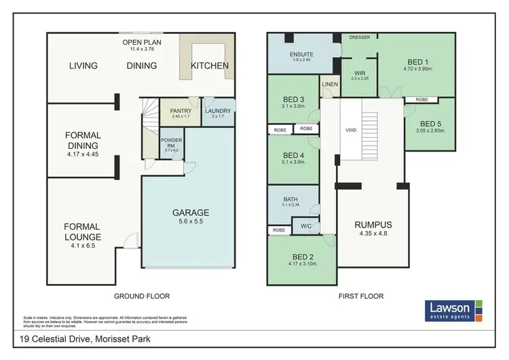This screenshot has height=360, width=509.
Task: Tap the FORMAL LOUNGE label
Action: point(82,232)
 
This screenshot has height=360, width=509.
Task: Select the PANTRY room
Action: point(181,111)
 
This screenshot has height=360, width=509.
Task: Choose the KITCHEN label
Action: point(209,66)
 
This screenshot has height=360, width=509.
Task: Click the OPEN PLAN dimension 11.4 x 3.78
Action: point(142,48)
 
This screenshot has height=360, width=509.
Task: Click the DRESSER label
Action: point(360,37)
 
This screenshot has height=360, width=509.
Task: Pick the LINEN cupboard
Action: point(329,85)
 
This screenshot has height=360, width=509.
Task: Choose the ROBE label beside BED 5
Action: point(421,99)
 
